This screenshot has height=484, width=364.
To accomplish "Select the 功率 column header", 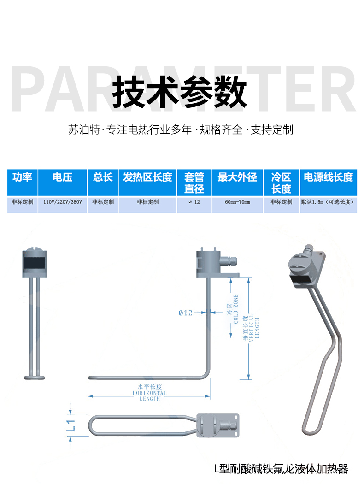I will coord(23,177).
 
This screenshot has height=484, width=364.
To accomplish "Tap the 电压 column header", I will coord(62,177).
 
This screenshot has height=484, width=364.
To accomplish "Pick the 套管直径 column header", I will coord(194,183).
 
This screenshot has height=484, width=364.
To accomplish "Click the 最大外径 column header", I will coord(237,177).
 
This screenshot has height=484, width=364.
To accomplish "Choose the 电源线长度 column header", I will coord(328,177).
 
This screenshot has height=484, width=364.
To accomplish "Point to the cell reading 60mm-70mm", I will coord(237,202).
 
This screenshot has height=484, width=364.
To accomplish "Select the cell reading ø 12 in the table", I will coord(194,202).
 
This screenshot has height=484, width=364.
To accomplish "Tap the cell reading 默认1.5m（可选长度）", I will coord(328,202).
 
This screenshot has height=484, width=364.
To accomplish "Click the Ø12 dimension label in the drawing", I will coord(185,313).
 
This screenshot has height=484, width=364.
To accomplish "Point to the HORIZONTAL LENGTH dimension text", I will coord(150,393).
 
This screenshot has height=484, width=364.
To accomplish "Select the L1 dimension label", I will coord(71,425).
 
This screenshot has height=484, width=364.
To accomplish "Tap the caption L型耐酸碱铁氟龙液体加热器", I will coord(281,469).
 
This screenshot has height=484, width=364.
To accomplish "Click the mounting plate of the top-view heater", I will coord(218,425).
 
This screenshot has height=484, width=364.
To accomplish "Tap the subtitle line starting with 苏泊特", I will coord(181,130).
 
